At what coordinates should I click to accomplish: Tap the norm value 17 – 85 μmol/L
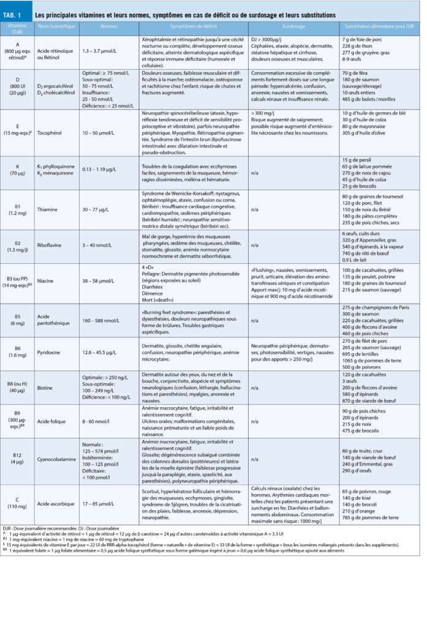click(99, 504)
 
